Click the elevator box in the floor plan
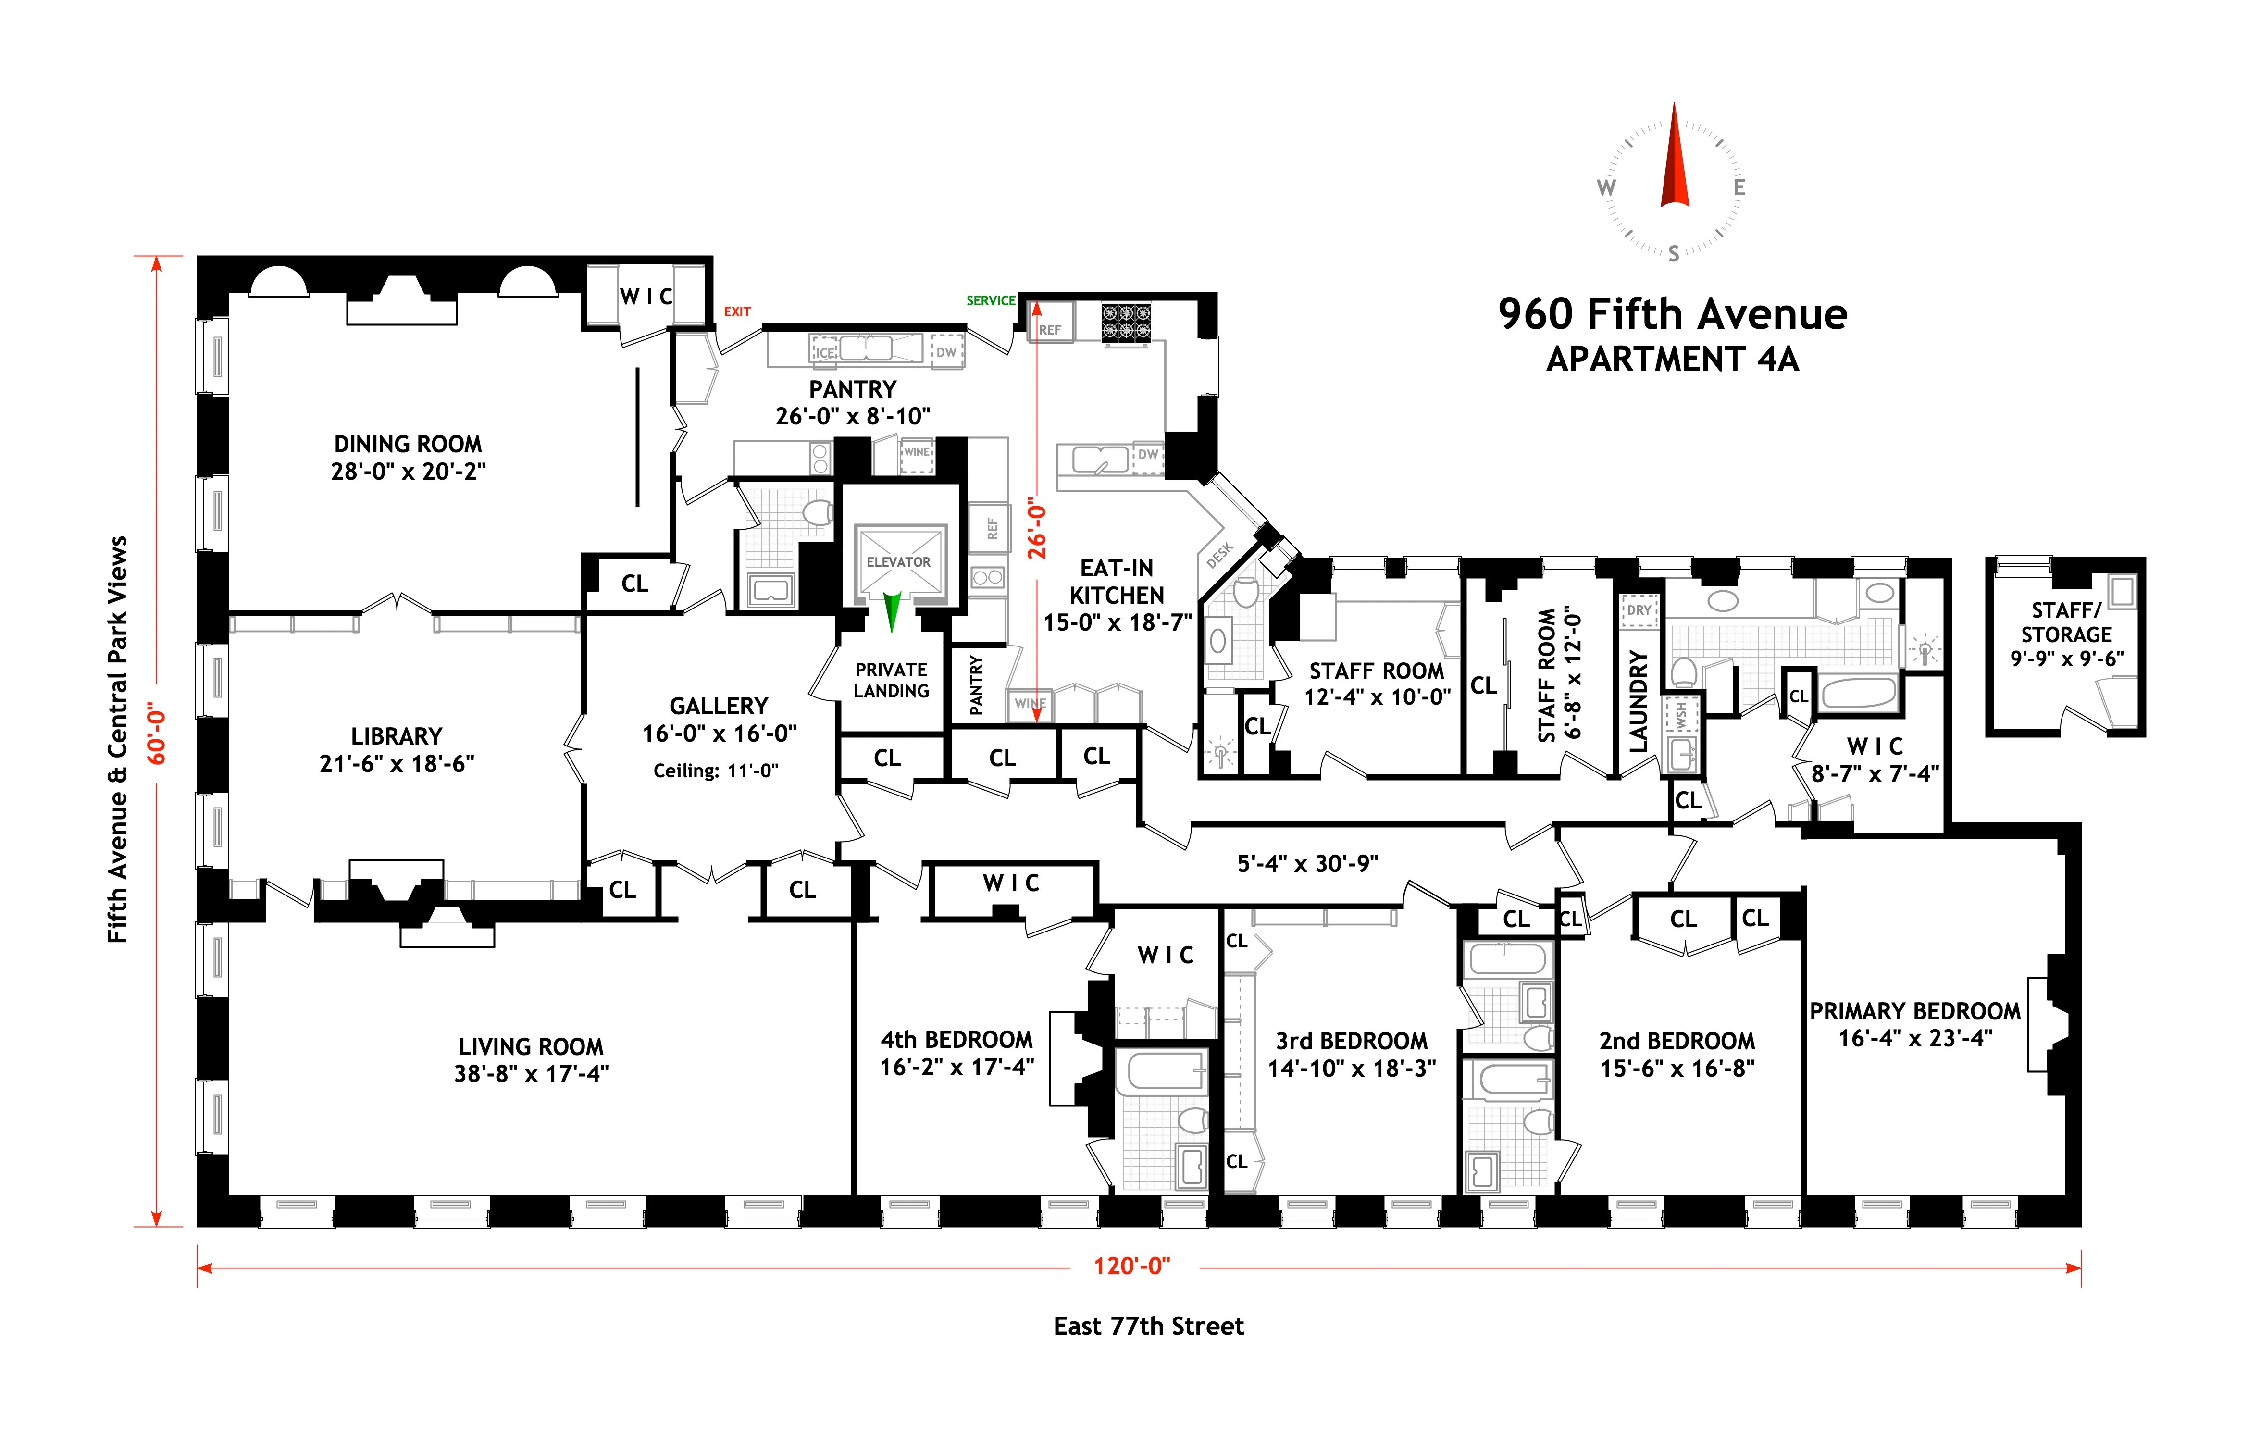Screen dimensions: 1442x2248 coord(898,562)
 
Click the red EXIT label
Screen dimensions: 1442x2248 coord(737,312)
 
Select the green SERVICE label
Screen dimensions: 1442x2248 coord(991,300)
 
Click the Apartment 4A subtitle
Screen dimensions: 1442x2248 coord(1672,360)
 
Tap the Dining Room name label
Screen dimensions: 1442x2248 coord(408,444)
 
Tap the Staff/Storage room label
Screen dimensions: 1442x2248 coord(2066,622)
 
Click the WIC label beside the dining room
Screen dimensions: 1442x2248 coord(646,297)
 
